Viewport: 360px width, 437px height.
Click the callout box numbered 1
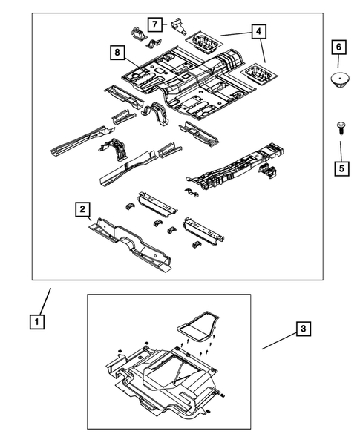coord(37,322)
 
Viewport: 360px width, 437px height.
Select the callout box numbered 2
coord(82,209)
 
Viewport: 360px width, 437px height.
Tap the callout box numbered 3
coord(303,329)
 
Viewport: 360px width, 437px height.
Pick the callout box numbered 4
coord(259,31)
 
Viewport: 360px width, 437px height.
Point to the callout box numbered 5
coord(341,168)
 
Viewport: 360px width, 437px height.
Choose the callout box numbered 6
coord(338,47)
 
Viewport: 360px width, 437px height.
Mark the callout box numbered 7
coord(155,24)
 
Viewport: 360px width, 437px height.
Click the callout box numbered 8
coord(117,53)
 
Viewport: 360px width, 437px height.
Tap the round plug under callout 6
coord(340,79)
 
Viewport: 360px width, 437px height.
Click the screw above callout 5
coord(341,128)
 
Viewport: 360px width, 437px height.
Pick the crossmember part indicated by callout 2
coord(130,245)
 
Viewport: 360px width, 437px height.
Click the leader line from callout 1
coord(46,301)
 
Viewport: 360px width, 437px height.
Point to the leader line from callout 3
coord(279,341)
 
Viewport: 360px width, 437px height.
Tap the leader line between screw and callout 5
coord(341,151)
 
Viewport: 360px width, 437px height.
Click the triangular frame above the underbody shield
coord(198,326)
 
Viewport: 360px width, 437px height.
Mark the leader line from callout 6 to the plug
coord(338,61)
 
